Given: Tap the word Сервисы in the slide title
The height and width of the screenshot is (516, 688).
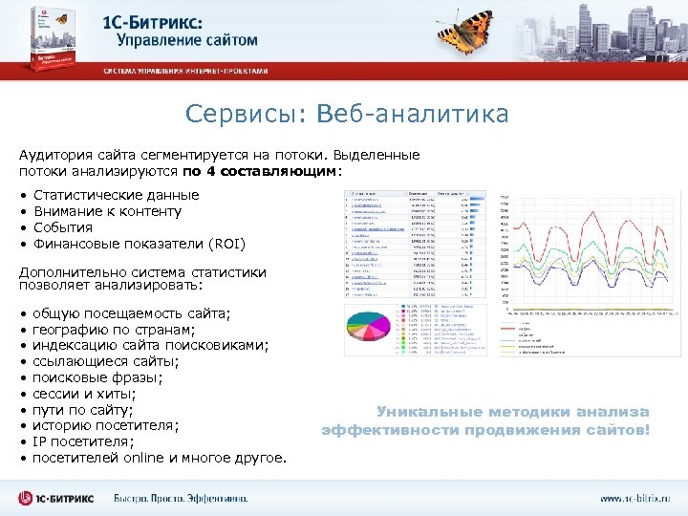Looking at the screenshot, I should coord(238,116).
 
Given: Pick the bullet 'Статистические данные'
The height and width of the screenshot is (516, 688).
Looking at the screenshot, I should coord(116,195).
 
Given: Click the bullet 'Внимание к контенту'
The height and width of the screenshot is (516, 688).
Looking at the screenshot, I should coord(107,211).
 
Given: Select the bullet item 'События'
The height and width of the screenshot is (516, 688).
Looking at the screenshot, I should coord(63,227).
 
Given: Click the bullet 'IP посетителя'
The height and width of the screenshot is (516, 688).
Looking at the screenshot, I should coord(83,442).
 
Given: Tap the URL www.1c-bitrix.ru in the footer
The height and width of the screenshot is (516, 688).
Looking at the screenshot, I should coord(634,499).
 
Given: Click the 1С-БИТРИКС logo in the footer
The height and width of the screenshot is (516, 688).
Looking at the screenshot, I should coord(57,498).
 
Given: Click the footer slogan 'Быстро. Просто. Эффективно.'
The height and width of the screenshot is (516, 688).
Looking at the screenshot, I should coord(181,499).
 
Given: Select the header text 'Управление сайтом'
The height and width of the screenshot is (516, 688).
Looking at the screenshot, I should coord(187,40).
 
